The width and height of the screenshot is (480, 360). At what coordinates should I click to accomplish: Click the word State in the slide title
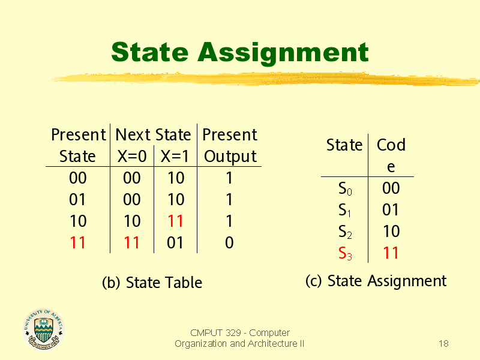pos(149,52)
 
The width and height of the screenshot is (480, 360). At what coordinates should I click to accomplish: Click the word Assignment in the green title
pos(283,53)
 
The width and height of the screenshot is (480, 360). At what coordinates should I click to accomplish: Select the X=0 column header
pos(132,156)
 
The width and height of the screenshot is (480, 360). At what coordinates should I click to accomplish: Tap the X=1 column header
pos(175,156)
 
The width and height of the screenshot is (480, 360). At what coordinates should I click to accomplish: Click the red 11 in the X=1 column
pos(175,221)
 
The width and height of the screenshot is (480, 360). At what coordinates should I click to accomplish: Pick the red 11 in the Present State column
pos(78,243)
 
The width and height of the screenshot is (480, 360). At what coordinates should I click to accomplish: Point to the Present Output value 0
pos(229,243)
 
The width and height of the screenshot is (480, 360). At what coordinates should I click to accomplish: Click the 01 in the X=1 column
pos(175,243)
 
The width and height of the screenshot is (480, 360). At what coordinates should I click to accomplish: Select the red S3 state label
pos(345,253)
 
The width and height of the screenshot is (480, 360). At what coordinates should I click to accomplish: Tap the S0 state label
pos(345,188)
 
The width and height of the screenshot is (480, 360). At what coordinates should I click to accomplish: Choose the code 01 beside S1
pos(391,209)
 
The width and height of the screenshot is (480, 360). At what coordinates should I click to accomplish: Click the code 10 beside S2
pos(391,232)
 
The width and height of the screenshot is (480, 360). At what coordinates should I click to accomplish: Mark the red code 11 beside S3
pos(391,253)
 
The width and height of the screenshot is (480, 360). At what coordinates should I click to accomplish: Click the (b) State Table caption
pos(152,283)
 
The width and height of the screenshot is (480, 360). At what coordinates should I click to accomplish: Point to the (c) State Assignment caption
pos(376,281)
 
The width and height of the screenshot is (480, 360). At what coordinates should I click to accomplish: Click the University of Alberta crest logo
pos(43,329)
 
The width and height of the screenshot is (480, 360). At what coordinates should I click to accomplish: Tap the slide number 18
pos(443,343)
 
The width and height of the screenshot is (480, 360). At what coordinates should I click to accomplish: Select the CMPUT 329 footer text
pos(239,338)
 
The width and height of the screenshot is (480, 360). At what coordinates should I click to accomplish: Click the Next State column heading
pos(153,134)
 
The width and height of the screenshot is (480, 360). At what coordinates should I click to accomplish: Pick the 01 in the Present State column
pos(77,200)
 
